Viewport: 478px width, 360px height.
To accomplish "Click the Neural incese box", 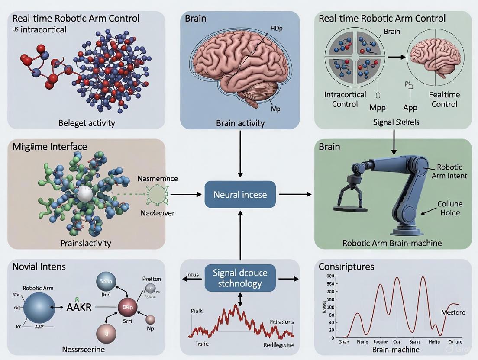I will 240,195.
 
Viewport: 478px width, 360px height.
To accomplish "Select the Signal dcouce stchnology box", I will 240,278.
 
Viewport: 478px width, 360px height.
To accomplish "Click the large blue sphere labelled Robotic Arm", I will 39,306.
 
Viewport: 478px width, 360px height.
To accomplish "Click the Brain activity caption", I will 240,123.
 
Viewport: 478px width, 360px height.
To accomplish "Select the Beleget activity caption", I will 87,123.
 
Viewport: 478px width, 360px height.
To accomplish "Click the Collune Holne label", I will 449,208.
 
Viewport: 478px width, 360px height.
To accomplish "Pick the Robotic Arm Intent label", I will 449,171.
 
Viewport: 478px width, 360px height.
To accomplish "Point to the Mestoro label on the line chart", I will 453,312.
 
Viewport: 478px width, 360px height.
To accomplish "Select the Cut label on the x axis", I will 396,341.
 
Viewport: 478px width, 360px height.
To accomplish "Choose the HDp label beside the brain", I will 276,28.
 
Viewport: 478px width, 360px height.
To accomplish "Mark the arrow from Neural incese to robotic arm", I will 295,195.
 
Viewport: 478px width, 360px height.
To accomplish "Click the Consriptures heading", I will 346,267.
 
